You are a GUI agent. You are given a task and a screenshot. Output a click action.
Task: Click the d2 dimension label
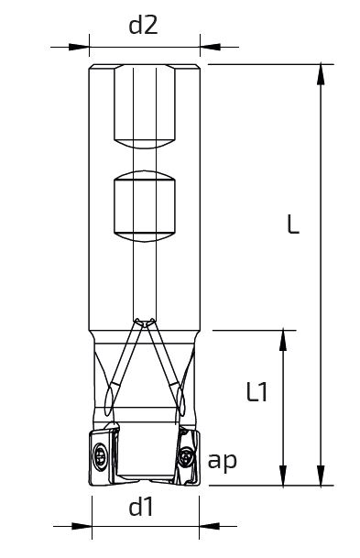click(x=143, y=26)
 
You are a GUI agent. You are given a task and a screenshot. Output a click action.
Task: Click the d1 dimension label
click(x=142, y=507)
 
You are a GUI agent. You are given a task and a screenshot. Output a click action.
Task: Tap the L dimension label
click(x=293, y=224)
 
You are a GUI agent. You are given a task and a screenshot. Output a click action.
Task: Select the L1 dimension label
click(x=256, y=392)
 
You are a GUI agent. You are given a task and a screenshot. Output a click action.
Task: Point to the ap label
click(x=223, y=462)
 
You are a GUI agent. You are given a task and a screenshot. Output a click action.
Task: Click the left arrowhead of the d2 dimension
click(x=79, y=47)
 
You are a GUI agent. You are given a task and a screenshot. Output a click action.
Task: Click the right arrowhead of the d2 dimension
click(x=211, y=47)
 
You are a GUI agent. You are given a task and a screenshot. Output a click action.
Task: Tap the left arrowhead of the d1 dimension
click(x=82, y=526)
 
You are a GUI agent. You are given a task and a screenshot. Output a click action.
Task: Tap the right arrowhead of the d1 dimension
click(x=210, y=526)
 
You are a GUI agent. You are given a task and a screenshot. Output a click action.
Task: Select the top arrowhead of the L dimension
click(x=321, y=75)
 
